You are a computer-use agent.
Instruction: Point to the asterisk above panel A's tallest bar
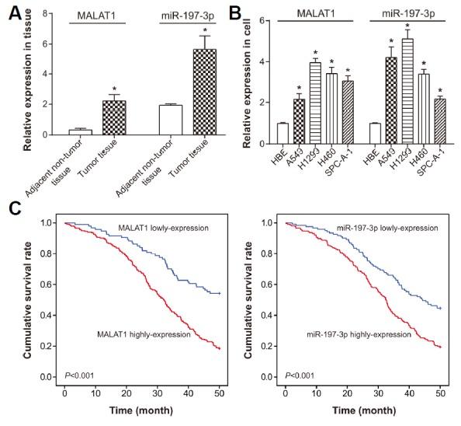(x=205, y=26)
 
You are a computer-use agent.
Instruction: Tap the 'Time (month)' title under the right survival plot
(x=364, y=414)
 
